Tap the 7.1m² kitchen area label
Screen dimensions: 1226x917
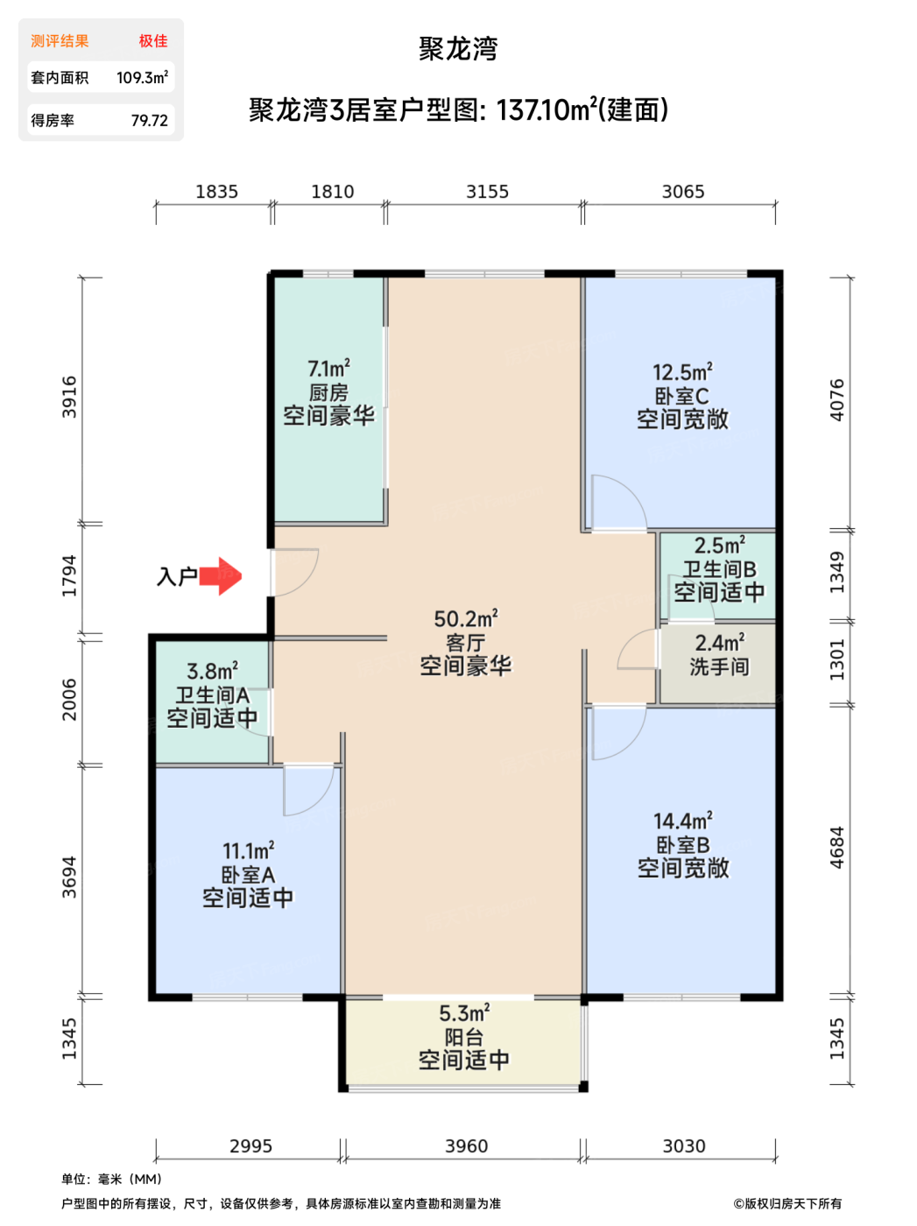click(328, 369)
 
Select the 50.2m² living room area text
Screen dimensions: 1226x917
click(465, 619)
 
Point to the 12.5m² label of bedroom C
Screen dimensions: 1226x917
click(682, 372)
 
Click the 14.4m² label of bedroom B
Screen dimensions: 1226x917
click(682, 821)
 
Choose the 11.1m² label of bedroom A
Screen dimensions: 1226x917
click(248, 851)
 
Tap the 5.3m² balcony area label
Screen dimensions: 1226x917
click(464, 1014)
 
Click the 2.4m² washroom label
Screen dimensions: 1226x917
click(719, 643)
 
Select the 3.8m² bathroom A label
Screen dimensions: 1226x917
click(212, 672)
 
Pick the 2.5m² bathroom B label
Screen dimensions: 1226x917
click(719, 546)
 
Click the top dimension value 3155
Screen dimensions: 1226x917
click(487, 192)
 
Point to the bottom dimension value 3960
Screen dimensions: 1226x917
click(466, 1146)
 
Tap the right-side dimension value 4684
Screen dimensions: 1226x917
click(837, 847)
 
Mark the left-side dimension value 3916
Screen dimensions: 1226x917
click(69, 397)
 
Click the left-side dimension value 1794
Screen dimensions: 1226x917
click(69, 576)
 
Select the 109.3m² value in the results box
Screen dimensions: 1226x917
click(142, 78)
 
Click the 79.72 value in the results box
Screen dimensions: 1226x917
click(149, 121)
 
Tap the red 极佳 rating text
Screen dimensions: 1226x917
click(153, 41)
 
